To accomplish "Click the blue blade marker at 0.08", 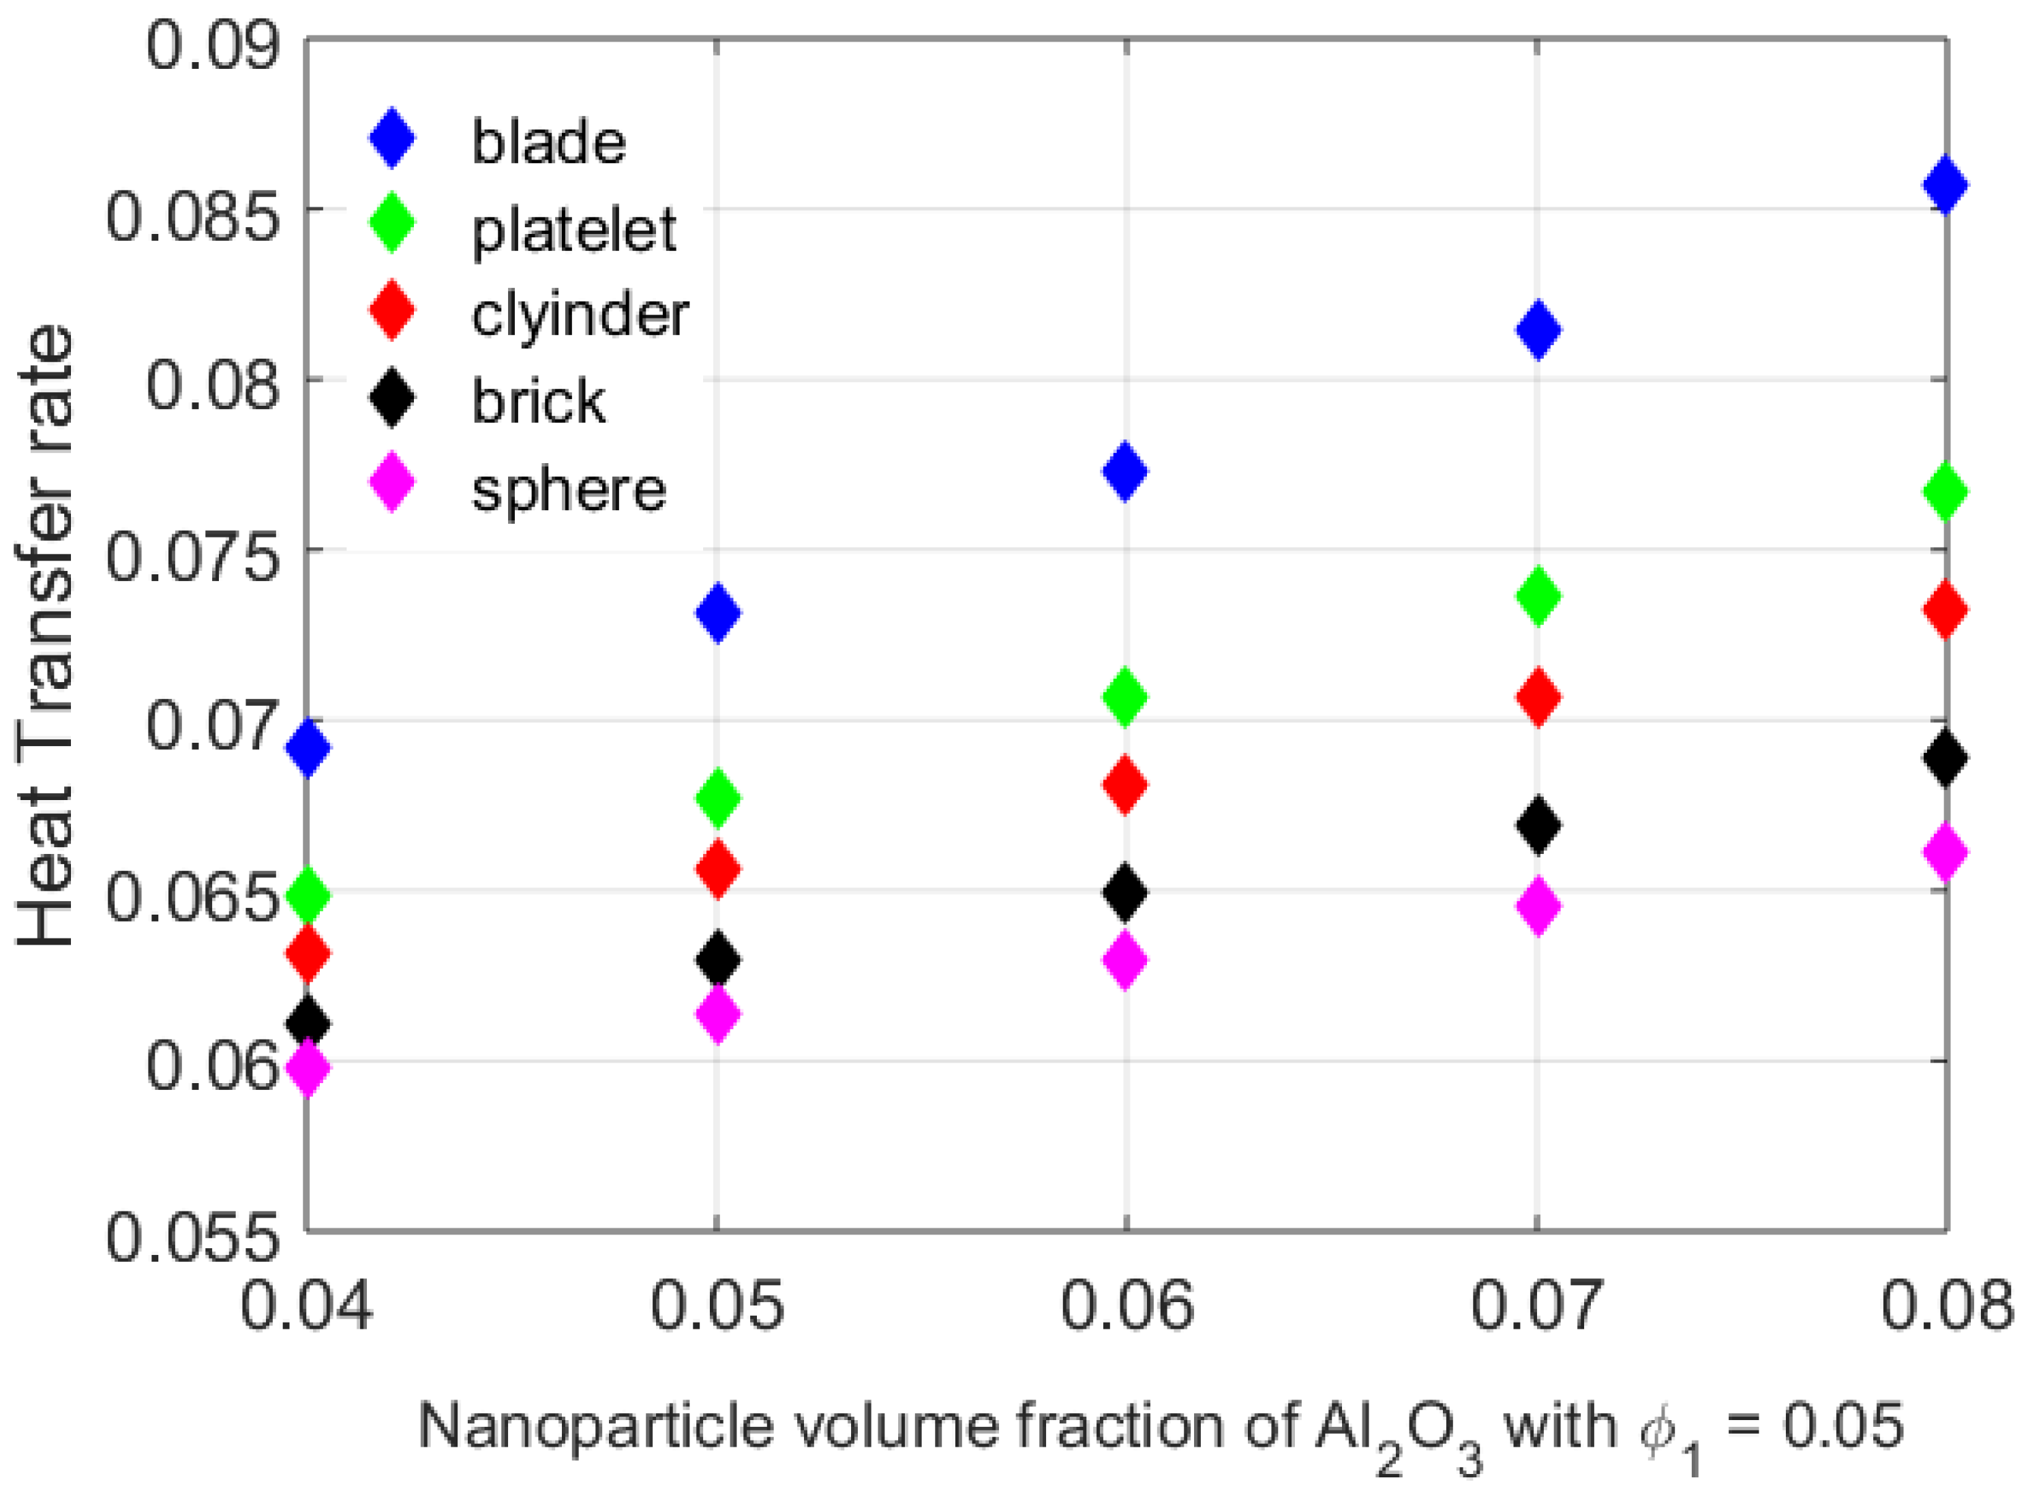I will [1945, 185].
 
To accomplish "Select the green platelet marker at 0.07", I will [1538, 595].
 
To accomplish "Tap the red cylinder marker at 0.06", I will [1125, 784].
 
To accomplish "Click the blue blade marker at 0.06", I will [1125, 471].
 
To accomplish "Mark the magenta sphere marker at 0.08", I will [1945, 851].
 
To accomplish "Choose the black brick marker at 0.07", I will [1538, 824].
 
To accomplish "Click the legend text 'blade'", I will [548, 143].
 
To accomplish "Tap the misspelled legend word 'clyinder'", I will [580, 315].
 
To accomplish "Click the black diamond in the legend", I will [391, 400].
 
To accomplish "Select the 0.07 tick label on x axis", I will [1537, 1305].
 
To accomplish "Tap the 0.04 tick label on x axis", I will [305, 1305].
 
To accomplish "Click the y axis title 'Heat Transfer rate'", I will [45, 636].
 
